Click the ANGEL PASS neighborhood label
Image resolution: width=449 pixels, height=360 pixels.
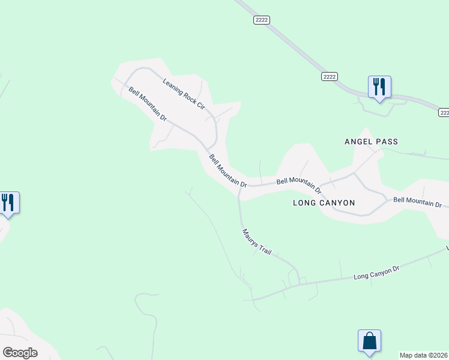372,142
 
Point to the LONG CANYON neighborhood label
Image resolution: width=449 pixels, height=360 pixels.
324,203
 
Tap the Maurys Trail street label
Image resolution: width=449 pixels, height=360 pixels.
257,243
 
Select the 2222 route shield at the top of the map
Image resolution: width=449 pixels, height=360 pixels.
262,20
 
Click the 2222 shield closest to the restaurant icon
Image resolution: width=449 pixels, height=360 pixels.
330,76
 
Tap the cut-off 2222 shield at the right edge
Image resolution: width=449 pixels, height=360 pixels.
444,112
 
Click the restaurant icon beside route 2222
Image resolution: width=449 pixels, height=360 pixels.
379,87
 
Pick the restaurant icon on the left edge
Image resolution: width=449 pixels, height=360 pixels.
8,202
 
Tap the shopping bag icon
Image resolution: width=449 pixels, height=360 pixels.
369,341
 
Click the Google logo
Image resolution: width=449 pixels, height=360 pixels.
20,353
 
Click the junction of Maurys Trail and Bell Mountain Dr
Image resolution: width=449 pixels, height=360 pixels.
238,193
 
